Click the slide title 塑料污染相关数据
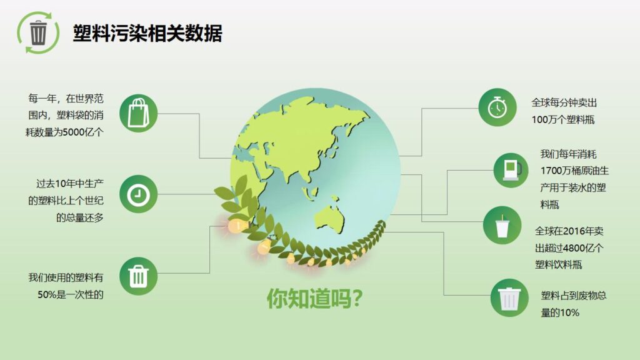coord(147,32)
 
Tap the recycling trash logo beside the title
coord(37,32)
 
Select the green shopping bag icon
coord(137,113)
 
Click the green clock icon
coord(137,194)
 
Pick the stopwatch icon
coord(497,107)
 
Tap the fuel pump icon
coord(511,169)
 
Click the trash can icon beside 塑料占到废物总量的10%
coord(509,297)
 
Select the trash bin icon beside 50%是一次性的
coord(137,276)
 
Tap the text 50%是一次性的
coord(70,294)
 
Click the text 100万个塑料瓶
coord(563,119)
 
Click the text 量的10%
coord(560,312)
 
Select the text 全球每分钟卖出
coord(564,102)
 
